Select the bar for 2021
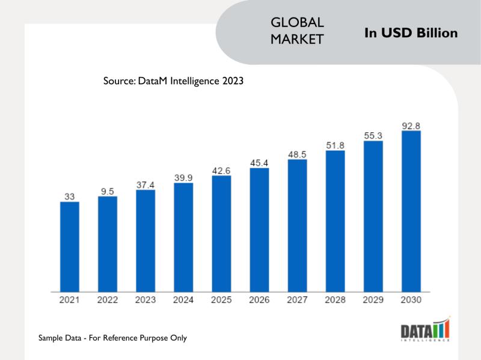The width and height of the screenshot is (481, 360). coord(70,246)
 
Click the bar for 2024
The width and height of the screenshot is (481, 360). coord(183,237)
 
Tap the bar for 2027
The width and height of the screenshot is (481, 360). coord(298,225)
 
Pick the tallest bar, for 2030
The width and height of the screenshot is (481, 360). coord(411,211)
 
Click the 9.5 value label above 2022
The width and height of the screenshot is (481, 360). coord(108,191)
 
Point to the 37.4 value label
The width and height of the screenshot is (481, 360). coord(146,185)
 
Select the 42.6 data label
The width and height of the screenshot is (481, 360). coord(221,171)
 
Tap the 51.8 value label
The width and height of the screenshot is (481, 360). coord(335,145)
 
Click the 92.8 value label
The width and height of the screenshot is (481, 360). coord(411,126)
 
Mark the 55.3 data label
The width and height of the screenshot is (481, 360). coord(373,136)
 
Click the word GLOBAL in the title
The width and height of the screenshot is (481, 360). coord(298,22)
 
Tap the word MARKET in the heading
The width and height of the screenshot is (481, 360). coord(298,39)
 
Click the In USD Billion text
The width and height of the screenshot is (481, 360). coord(411,32)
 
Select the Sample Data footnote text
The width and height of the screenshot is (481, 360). coord(112,338)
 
